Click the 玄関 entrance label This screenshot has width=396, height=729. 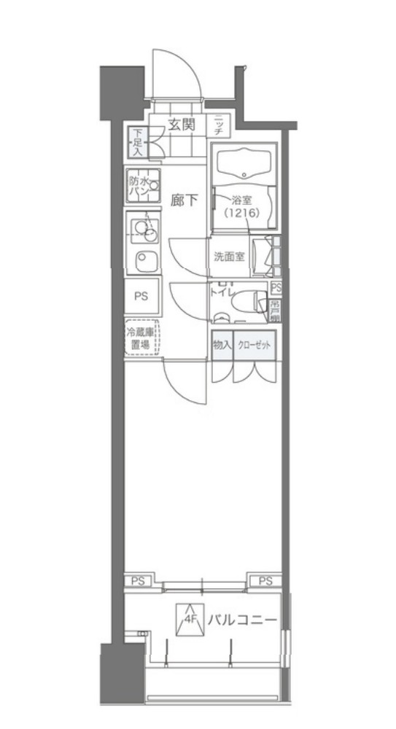pos(182,124)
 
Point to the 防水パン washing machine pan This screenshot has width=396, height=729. pos(143,187)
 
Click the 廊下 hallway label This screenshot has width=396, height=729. pos(185,200)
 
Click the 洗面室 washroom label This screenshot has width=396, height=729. pos(229,257)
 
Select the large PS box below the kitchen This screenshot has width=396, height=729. pos(141,297)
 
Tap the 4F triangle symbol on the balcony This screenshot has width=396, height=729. pos(189,620)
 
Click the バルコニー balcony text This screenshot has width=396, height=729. pos(241,621)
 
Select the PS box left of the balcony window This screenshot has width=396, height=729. pos(138,580)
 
